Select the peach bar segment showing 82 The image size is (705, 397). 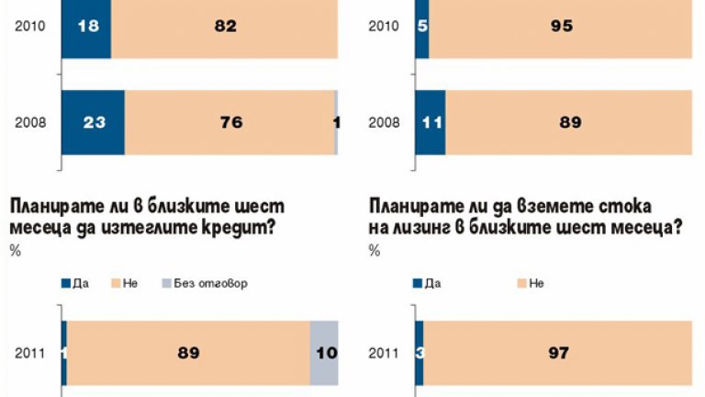point(225,28)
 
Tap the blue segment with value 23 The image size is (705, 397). point(93,121)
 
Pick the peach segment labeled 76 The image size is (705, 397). point(230,121)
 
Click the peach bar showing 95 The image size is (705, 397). point(560,28)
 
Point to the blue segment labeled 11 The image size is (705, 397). point(430,121)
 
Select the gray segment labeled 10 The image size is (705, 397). point(324,352)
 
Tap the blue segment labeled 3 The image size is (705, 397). point(419,352)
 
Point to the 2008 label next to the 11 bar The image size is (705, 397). point(384,121)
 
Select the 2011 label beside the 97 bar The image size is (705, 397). point(384,353)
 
